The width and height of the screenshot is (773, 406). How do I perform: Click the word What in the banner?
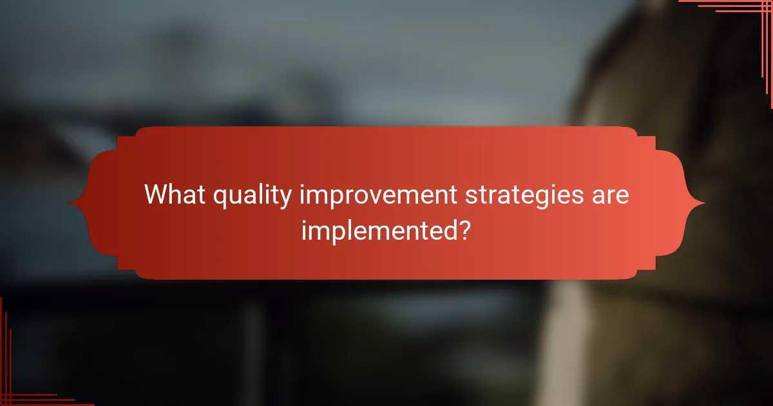click(172, 195)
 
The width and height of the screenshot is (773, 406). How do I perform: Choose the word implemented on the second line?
click(376, 230)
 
